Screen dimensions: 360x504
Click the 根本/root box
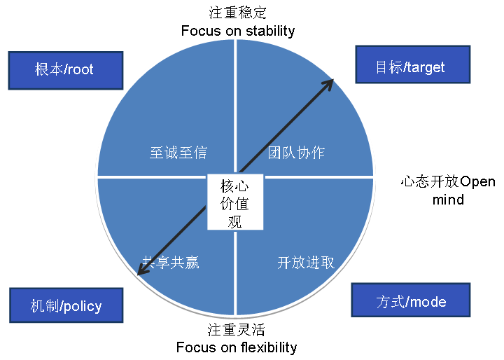pos(64,69)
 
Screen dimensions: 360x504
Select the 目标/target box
pos(409,67)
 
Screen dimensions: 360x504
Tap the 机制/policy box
pos(66,305)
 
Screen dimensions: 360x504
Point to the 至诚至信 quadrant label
pos(178,152)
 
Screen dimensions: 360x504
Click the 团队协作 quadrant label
pos(296,152)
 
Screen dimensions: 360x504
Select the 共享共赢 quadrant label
pos(171,263)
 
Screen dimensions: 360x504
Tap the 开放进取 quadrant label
pos(306,263)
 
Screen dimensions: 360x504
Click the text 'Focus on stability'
pos(238,31)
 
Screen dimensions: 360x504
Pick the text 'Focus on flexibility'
pos(237,347)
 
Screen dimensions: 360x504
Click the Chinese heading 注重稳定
pos(238,13)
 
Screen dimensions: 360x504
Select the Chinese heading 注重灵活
pos(237,330)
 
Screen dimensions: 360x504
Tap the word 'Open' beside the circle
pos(477,181)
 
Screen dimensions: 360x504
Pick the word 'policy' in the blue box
pos(83,306)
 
